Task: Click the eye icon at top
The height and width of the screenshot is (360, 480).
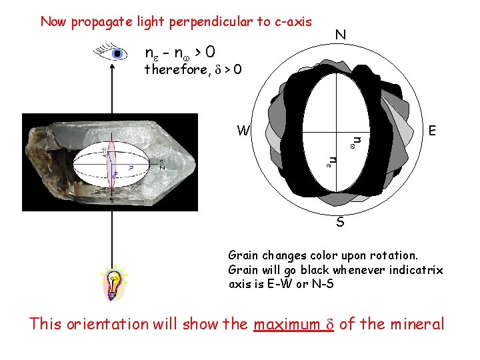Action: click(x=113, y=53)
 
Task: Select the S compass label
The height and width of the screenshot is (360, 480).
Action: click(x=340, y=222)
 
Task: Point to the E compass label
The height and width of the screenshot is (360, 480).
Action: click(x=433, y=131)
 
